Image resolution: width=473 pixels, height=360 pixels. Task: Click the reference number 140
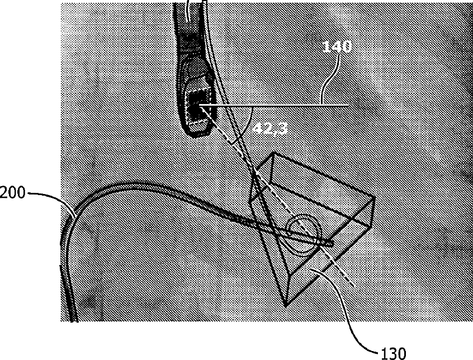pos(338,48)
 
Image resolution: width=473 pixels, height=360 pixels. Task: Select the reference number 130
pos(394,353)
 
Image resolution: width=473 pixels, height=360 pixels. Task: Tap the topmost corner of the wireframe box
pos(273,152)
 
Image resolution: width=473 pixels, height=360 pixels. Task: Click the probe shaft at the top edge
pos(190,7)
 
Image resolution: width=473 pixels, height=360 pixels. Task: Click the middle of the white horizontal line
pos(274,105)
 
